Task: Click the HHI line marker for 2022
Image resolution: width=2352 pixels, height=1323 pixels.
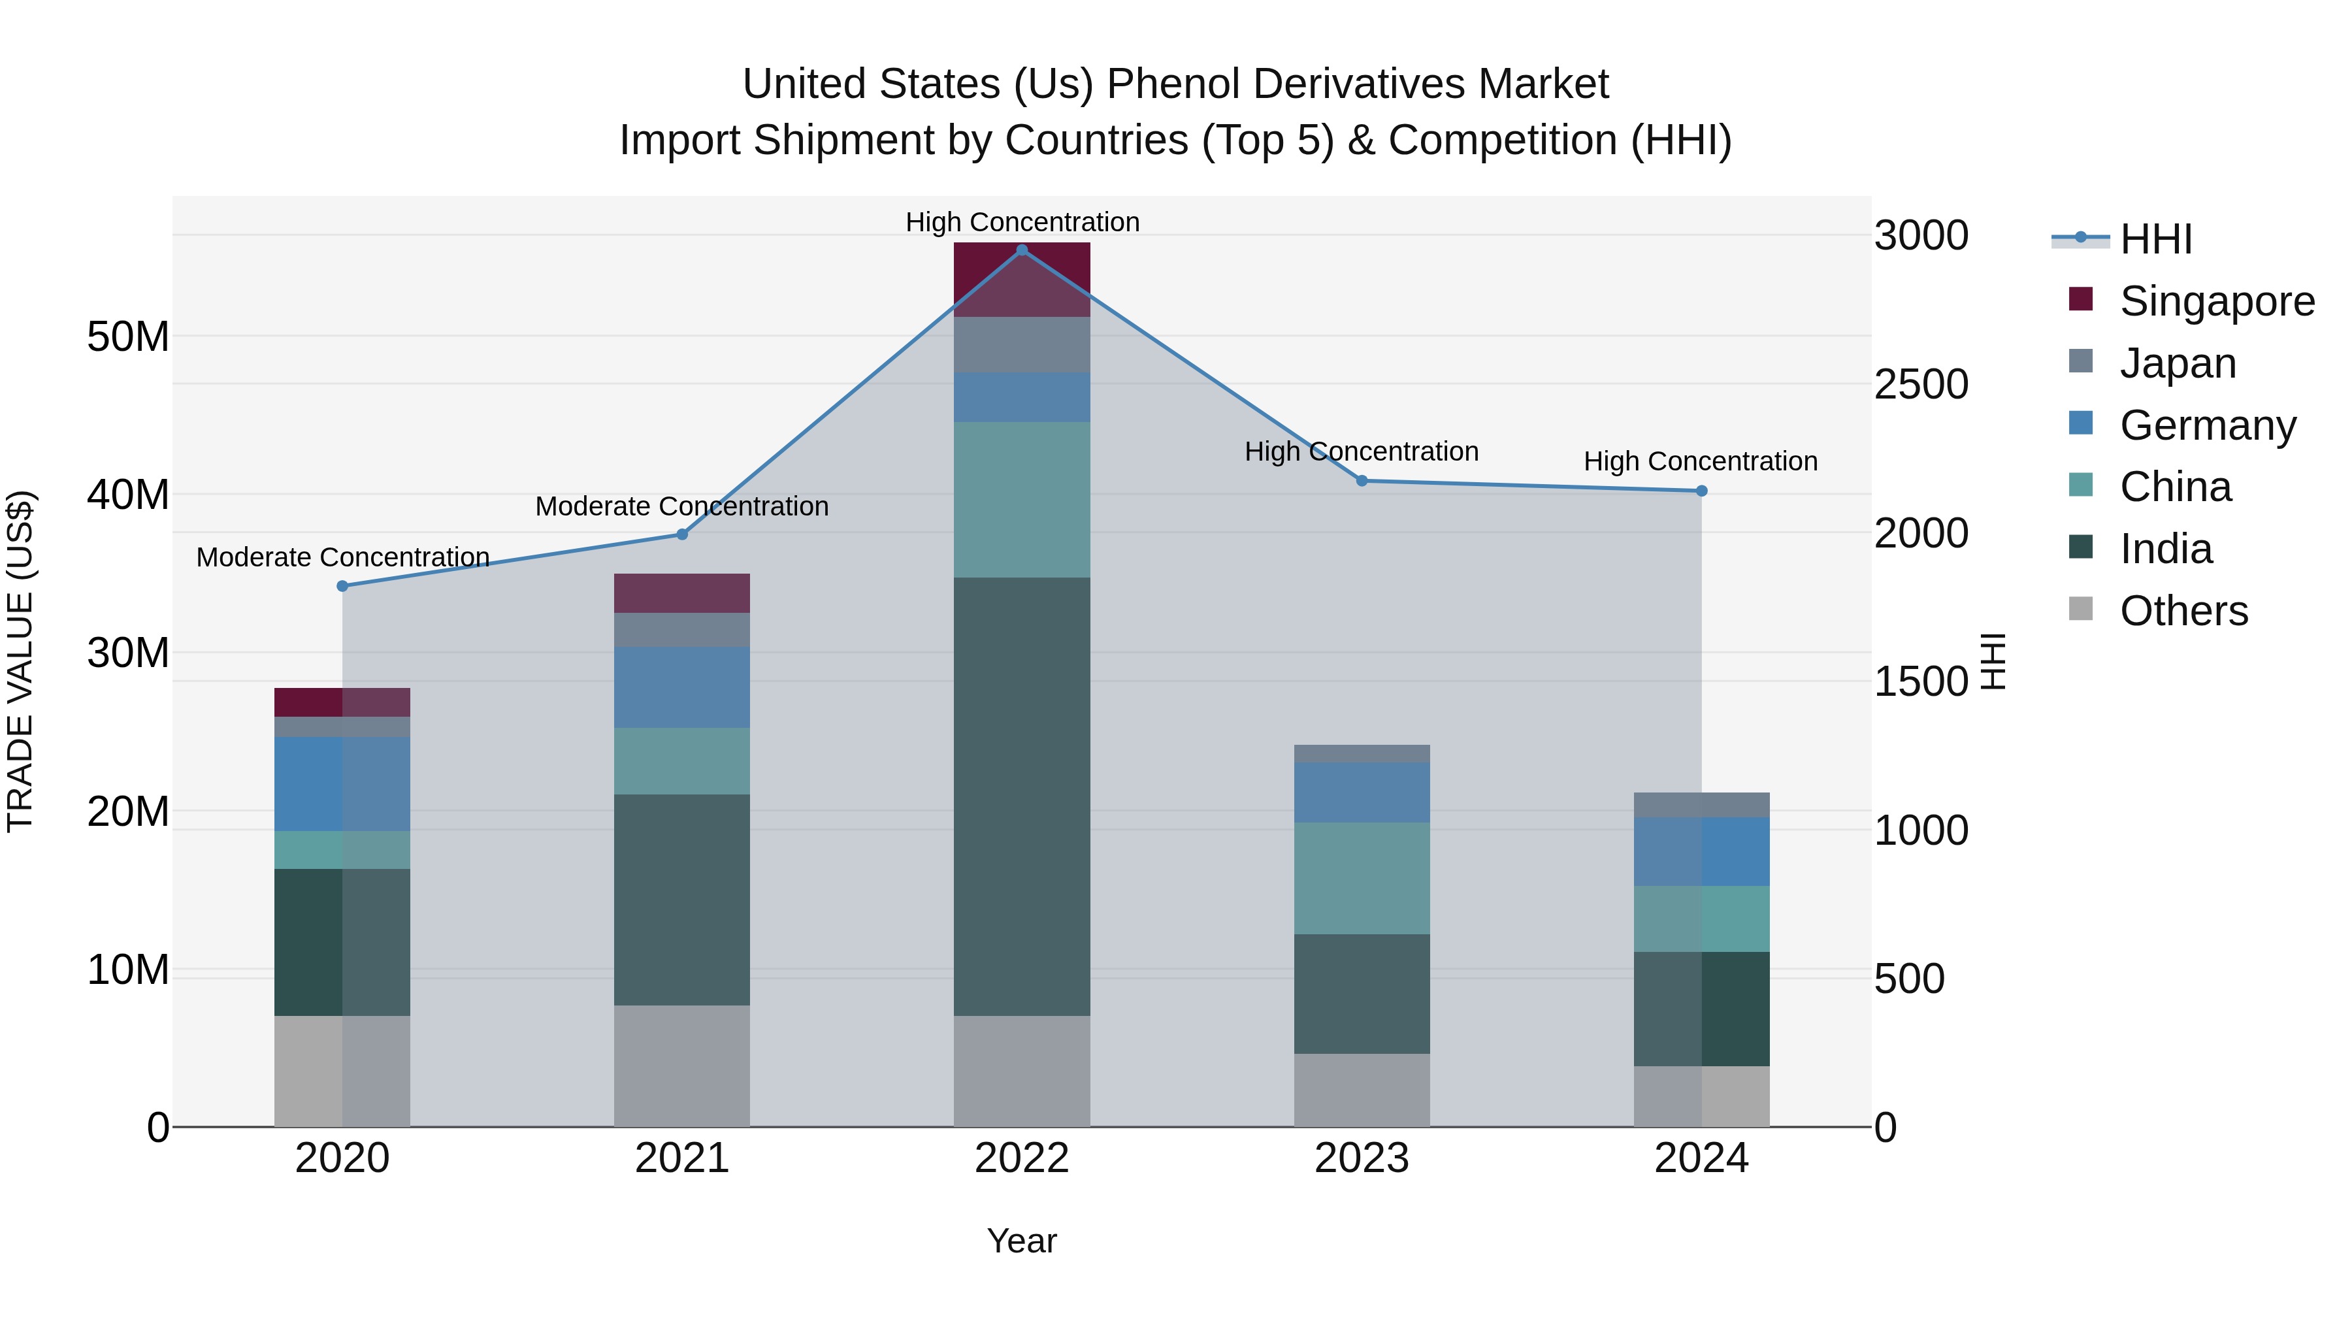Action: [1022, 250]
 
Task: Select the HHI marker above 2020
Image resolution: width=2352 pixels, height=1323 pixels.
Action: [342, 586]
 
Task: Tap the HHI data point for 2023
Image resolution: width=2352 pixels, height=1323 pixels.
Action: [1362, 480]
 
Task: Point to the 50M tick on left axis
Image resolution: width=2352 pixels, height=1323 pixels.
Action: [128, 337]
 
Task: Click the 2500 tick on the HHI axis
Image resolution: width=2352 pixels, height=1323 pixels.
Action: [1921, 384]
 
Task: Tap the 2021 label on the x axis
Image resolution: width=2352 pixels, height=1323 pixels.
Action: [681, 1158]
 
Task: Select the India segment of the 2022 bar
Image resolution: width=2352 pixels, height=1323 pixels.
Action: [1022, 796]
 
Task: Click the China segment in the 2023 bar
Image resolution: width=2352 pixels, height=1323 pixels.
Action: [1362, 877]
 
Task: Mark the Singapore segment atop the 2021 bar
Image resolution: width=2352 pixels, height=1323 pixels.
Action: [681, 593]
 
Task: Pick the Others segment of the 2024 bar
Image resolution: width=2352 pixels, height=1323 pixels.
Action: [1701, 1096]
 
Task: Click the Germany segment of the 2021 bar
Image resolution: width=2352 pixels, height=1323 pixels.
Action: [681, 687]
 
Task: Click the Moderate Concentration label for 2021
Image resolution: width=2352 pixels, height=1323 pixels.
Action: [681, 507]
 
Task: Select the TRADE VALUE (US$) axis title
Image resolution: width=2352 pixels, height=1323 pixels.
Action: [20, 661]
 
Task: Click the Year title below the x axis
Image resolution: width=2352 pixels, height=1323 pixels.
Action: [1022, 1241]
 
